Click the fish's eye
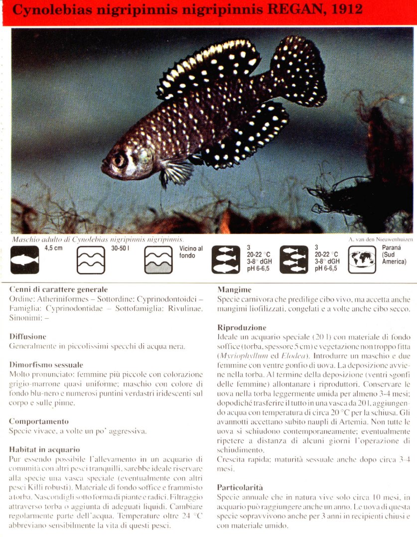[x=120, y=160]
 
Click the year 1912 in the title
[x=342, y=10]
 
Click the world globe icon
[x=362, y=259]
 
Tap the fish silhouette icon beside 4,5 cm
[x=24, y=260]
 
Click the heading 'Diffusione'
[x=28, y=337]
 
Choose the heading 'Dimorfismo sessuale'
[x=46, y=365]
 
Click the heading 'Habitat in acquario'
[x=44, y=449]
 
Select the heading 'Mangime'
[x=234, y=289]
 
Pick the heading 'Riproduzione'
[x=242, y=328]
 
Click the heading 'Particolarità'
[x=240, y=487]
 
